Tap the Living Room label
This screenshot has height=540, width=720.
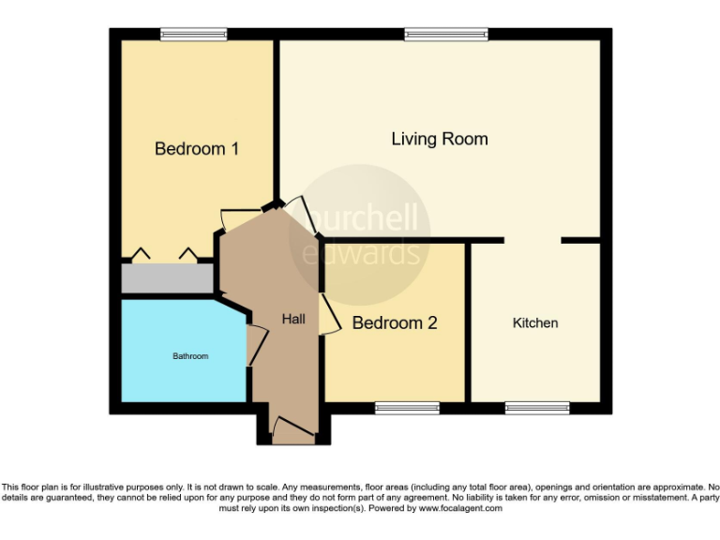439,139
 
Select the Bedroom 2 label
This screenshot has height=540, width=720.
395,323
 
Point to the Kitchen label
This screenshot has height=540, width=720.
535,322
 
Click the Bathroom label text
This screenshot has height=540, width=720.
189,356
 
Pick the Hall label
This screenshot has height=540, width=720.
293,320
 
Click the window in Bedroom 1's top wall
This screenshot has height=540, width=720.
193,35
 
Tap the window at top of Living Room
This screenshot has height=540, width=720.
446,35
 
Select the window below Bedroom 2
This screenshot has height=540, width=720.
407,408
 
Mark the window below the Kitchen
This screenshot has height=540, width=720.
537,408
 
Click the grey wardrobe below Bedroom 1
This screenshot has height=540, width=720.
167,278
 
